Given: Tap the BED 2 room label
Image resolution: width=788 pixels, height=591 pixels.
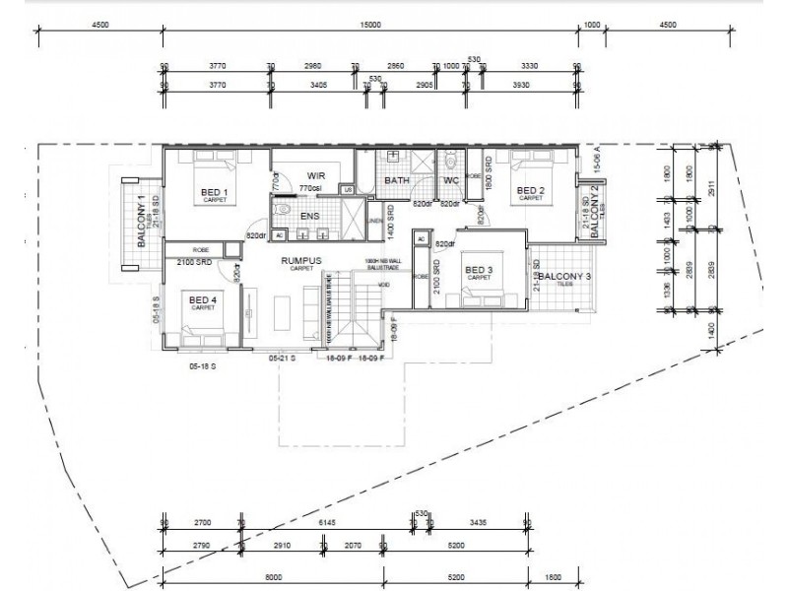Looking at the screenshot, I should point(530,191).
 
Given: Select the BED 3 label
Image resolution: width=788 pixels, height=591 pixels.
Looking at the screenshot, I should point(479,271).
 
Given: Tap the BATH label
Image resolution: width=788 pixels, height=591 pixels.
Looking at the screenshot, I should point(398,181).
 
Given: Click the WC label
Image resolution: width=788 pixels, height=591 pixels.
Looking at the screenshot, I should point(451,181).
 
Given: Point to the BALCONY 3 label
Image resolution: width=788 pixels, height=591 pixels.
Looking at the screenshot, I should point(565,277).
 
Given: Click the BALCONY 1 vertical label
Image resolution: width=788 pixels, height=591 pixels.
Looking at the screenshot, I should point(141,212).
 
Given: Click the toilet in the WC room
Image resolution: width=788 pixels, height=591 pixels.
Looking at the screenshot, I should point(451,160).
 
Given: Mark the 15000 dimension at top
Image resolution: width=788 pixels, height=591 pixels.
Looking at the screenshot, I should point(370,28).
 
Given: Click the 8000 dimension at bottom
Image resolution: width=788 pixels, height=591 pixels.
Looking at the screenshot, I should point(273,576).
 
